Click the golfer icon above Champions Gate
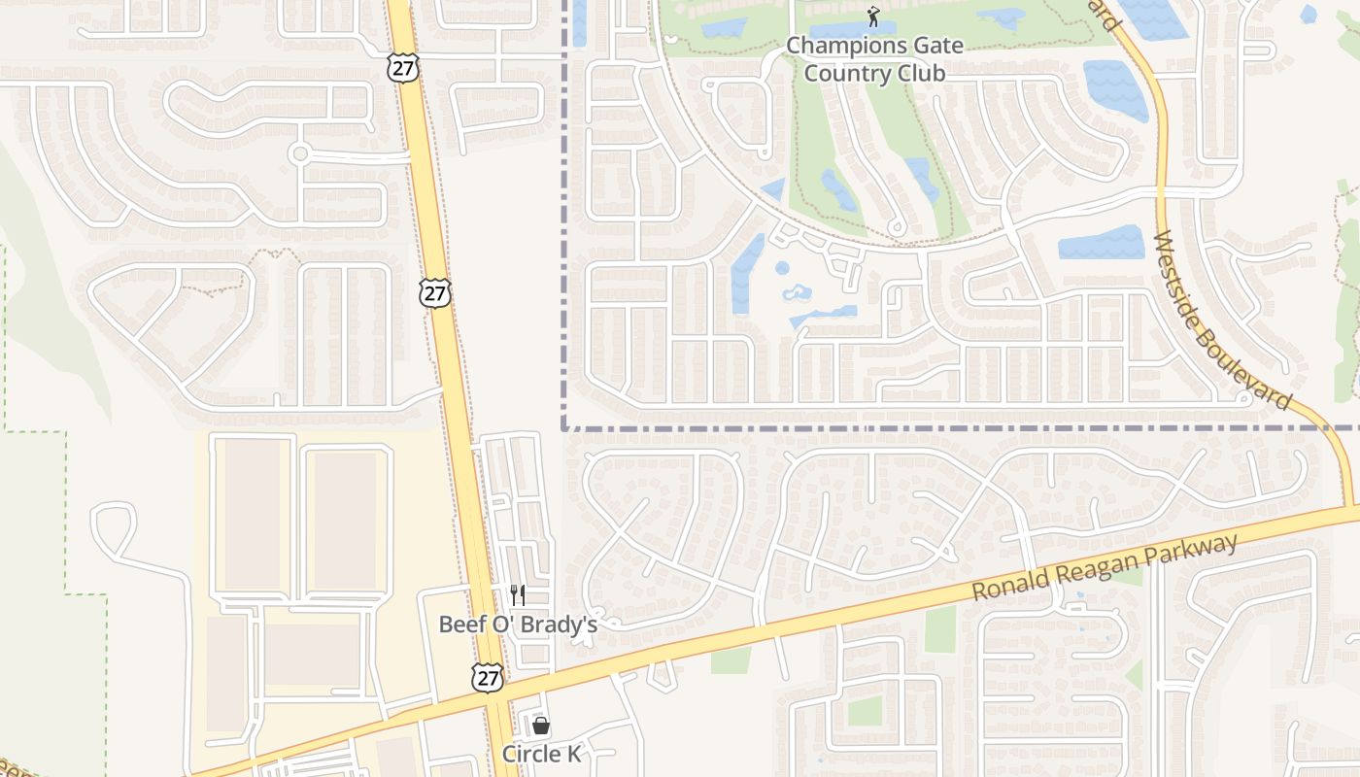873,17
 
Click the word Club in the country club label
919,73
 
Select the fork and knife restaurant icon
518,594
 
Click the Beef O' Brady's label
518,624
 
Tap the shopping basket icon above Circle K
541,726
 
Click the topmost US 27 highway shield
401,67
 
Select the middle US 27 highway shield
436,293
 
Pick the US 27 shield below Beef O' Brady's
488,677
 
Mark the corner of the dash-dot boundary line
563,427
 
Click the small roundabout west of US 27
299,152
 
